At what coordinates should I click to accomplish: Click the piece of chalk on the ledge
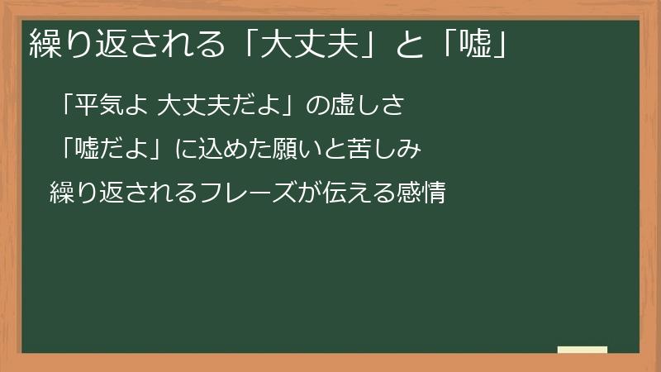583,350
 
